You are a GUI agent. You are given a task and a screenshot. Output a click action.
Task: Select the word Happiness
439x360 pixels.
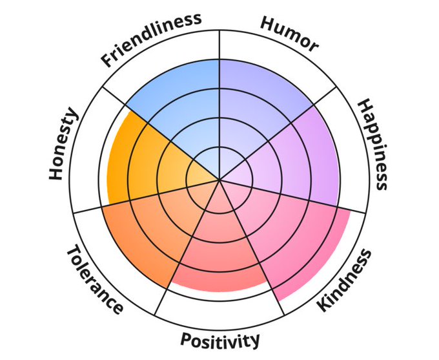pos(373,144)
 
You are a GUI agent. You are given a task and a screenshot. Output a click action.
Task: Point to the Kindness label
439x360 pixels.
pos(345,280)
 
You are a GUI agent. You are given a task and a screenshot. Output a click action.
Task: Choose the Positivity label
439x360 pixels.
pos(220,339)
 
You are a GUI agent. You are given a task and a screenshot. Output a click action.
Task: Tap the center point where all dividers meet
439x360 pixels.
pos(219,180)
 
